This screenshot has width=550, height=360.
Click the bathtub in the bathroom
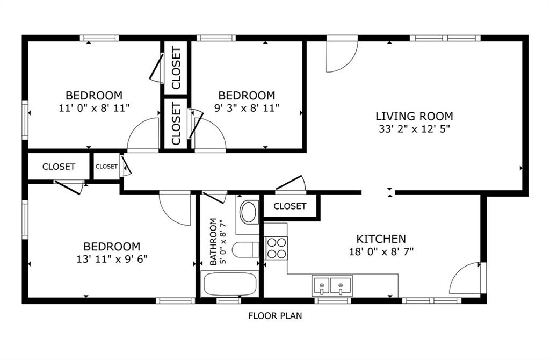230,284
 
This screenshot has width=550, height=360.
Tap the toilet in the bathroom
245,250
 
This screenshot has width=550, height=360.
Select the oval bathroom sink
249,212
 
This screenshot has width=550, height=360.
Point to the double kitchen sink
332,286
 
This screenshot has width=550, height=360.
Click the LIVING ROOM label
414,116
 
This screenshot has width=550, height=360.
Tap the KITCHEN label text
381,239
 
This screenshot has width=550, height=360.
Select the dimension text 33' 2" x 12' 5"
414,129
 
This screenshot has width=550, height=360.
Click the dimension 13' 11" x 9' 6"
112,259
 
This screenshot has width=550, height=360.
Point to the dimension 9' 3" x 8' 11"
247,107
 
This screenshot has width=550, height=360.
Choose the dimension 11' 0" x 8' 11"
95,107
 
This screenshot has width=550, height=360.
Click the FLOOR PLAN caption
275,316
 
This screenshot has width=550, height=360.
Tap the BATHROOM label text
213,242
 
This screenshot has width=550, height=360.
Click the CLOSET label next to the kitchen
290,206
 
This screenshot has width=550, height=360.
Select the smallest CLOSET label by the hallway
107,167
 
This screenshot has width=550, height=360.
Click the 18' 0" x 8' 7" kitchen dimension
381,251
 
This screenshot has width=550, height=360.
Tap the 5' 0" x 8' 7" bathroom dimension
222,242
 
